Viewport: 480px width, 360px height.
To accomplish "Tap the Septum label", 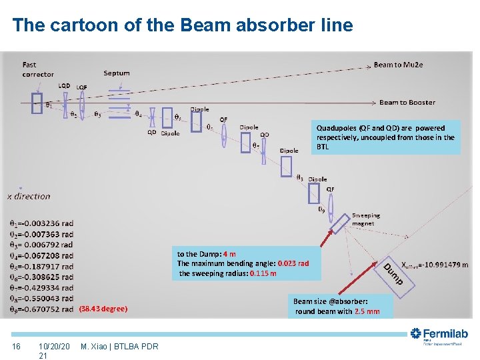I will point(117,73).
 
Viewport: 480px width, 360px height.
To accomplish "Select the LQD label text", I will point(64,85).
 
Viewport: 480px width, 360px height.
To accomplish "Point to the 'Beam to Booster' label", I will point(407,102).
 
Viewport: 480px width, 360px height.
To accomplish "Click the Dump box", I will point(393,273).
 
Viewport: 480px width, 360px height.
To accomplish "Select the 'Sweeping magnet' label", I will point(365,219).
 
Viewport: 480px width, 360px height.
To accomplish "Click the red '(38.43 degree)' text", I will point(103,309).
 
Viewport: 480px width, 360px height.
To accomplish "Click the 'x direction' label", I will point(29,196).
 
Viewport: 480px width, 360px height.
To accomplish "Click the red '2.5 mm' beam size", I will point(367,311).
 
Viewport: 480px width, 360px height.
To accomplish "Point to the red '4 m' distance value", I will point(229,254).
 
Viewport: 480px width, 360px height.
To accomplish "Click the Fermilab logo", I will point(439,336).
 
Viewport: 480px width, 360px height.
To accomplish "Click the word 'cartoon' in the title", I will point(83,25).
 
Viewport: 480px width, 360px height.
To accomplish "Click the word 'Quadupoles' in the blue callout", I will point(337,128).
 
